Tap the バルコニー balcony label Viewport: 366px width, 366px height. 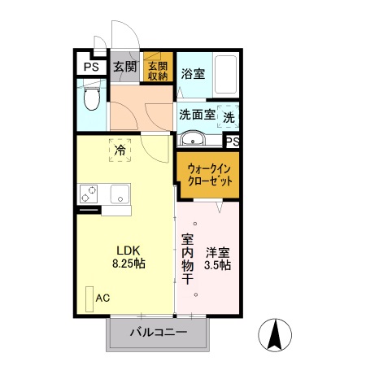click(x=159, y=333)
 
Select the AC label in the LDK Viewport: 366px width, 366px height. click(x=103, y=298)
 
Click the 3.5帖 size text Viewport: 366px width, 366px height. click(x=217, y=264)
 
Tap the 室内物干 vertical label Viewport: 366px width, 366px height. click(x=187, y=259)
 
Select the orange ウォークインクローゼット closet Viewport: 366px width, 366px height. click(x=208, y=173)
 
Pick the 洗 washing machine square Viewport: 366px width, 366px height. click(x=229, y=116)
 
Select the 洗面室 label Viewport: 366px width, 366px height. click(x=197, y=115)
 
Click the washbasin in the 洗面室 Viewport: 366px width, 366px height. click(x=193, y=137)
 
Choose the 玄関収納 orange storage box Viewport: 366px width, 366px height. click(x=156, y=70)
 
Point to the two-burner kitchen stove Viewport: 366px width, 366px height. click(x=89, y=194)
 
